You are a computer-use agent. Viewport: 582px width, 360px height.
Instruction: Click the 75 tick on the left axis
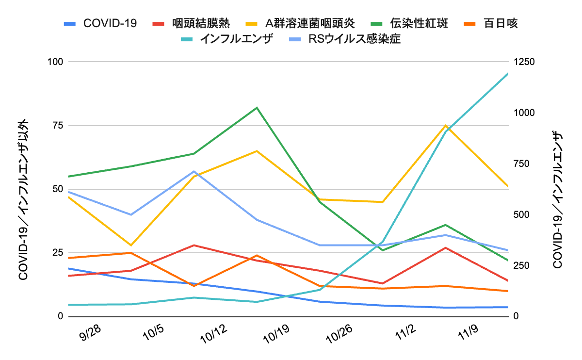click(57, 126)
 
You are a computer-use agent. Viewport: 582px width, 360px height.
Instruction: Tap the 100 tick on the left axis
click(54, 62)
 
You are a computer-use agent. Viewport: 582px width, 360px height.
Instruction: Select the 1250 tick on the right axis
click(524, 62)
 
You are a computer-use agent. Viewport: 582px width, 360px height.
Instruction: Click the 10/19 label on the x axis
click(275, 334)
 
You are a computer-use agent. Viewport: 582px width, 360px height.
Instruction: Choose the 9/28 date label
click(90, 334)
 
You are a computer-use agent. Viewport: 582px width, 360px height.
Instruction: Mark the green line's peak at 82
click(257, 107)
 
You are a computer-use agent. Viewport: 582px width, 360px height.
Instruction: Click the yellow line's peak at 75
click(445, 125)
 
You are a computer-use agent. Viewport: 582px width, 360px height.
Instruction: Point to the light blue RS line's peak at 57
click(194, 171)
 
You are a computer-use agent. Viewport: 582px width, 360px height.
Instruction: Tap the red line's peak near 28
click(194, 245)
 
